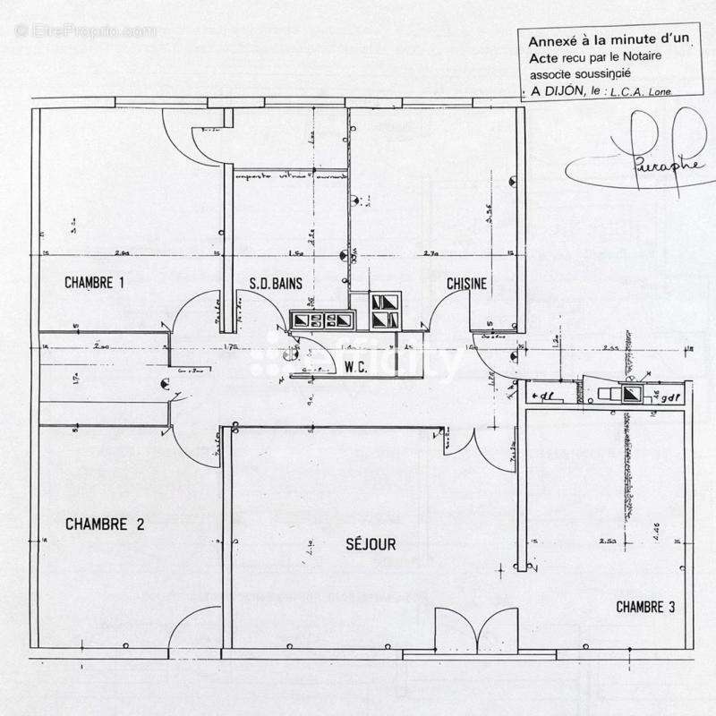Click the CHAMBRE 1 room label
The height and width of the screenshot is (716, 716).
(x=94, y=284)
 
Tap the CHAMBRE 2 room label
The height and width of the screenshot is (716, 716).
(x=105, y=525)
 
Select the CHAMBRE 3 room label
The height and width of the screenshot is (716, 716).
(x=645, y=608)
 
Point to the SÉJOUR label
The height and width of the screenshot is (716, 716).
(x=371, y=544)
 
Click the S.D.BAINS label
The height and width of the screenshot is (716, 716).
(x=276, y=285)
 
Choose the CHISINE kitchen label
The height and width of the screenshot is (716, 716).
(x=467, y=285)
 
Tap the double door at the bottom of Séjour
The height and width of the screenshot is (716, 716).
(x=475, y=632)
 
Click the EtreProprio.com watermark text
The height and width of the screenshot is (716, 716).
(x=86, y=30)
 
